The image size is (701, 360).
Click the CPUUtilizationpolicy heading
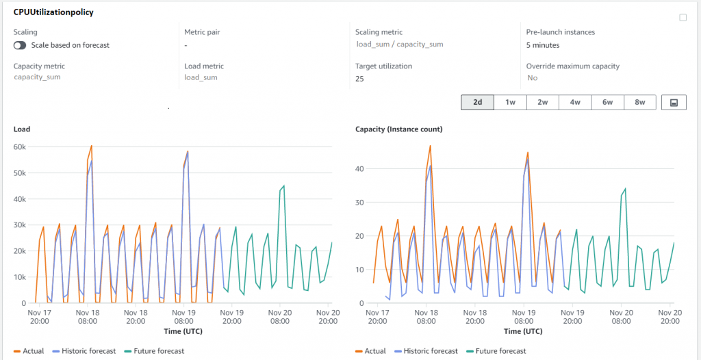click(x=53, y=12)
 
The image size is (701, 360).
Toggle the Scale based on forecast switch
click(x=20, y=45)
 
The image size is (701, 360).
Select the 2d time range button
click(x=478, y=103)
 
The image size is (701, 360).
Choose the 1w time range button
click(x=511, y=103)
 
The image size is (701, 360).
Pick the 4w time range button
click(x=575, y=103)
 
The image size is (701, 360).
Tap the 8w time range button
click(x=640, y=103)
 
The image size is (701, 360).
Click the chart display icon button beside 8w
click(x=674, y=103)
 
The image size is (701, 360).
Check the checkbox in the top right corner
click(x=683, y=18)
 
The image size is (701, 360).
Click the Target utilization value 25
click(x=359, y=79)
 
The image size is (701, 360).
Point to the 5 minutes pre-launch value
click(x=543, y=45)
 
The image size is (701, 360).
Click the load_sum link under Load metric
click(x=201, y=77)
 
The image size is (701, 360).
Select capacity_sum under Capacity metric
click(x=37, y=77)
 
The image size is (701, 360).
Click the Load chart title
click(x=22, y=129)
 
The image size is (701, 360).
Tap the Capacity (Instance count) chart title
click(x=398, y=129)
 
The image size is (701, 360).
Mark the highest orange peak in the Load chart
click(x=91, y=146)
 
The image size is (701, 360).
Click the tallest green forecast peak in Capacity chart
click(x=625, y=189)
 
